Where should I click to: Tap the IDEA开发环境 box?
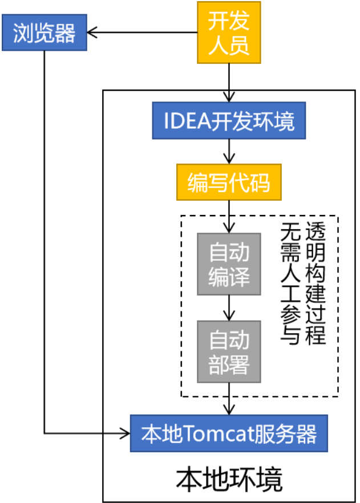click(x=229, y=121)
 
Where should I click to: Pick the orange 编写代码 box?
click(x=229, y=183)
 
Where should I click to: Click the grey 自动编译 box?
click(x=229, y=263)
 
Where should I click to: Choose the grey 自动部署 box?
click(x=229, y=352)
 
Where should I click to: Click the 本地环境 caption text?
click(x=229, y=480)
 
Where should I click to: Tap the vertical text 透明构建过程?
click(x=315, y=283)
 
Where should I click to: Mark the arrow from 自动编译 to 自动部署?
click(x=229, y=308)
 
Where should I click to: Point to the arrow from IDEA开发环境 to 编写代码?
click(x=229, y=153)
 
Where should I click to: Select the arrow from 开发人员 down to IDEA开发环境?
click(x=229, y=83)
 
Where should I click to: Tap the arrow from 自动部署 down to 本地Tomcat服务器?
click(x=229, y=399)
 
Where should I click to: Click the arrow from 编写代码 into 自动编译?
click(x=229, y=217)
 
